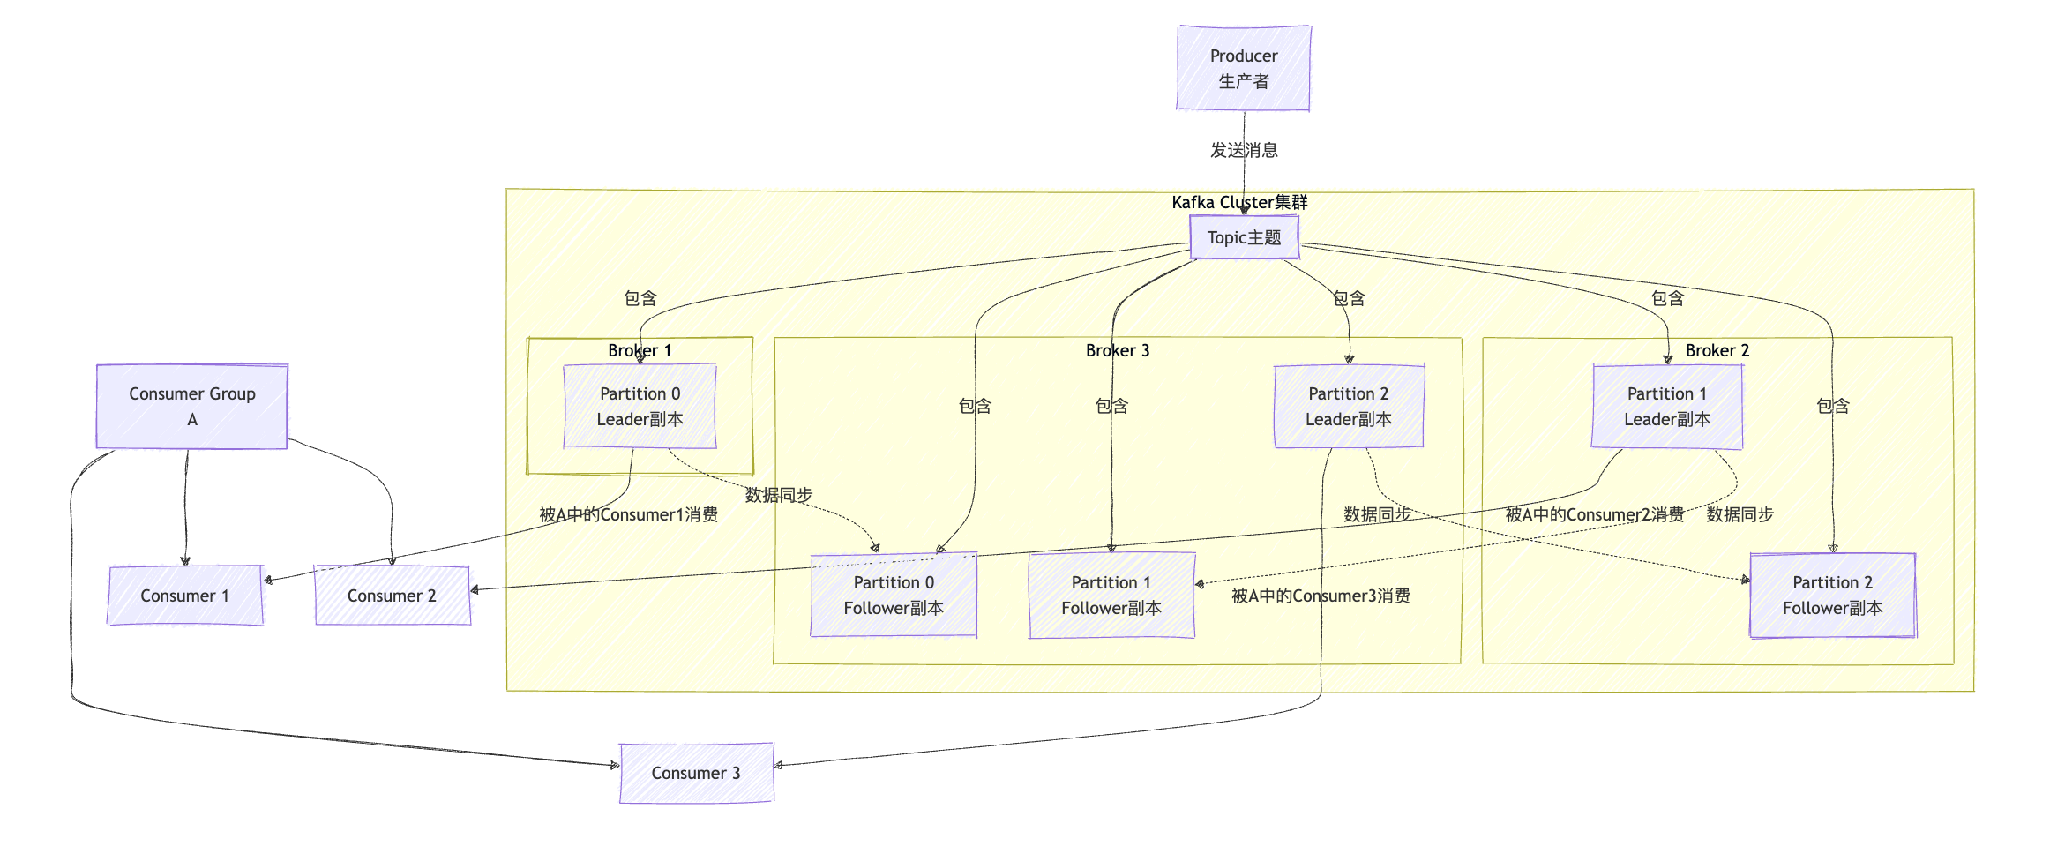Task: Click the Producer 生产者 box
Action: [x=1243, y=68]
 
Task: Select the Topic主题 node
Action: [x=1244, y=237]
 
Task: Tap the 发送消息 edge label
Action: [x=1244, y=150]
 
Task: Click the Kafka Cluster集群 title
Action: [x=1239, y=202]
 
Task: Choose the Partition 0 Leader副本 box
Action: [x=640, y=407]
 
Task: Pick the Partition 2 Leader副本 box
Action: [x=1348, y=407]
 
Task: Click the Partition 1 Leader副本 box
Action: [x=1666, y=407]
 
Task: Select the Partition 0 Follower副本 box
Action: [x=893, y=596]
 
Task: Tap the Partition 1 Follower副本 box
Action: [x=1111, y=596]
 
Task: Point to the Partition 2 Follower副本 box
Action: [x=1832, y=596]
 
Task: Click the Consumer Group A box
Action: [x=191, y=407]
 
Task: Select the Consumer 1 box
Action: [x=184, y=596]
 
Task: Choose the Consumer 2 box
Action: [x=392, y=596]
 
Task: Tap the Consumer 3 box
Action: [x=696, y=773]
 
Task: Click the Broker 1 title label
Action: [x=640, y=350]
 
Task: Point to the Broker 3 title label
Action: [x=1118, y=350]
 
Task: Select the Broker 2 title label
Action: [x=1717, y=350]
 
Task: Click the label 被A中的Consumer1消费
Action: [x=628, y=514]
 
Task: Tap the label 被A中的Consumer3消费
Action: [x=1321, y=596]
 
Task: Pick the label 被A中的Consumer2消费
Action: [x=1594, y=514]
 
